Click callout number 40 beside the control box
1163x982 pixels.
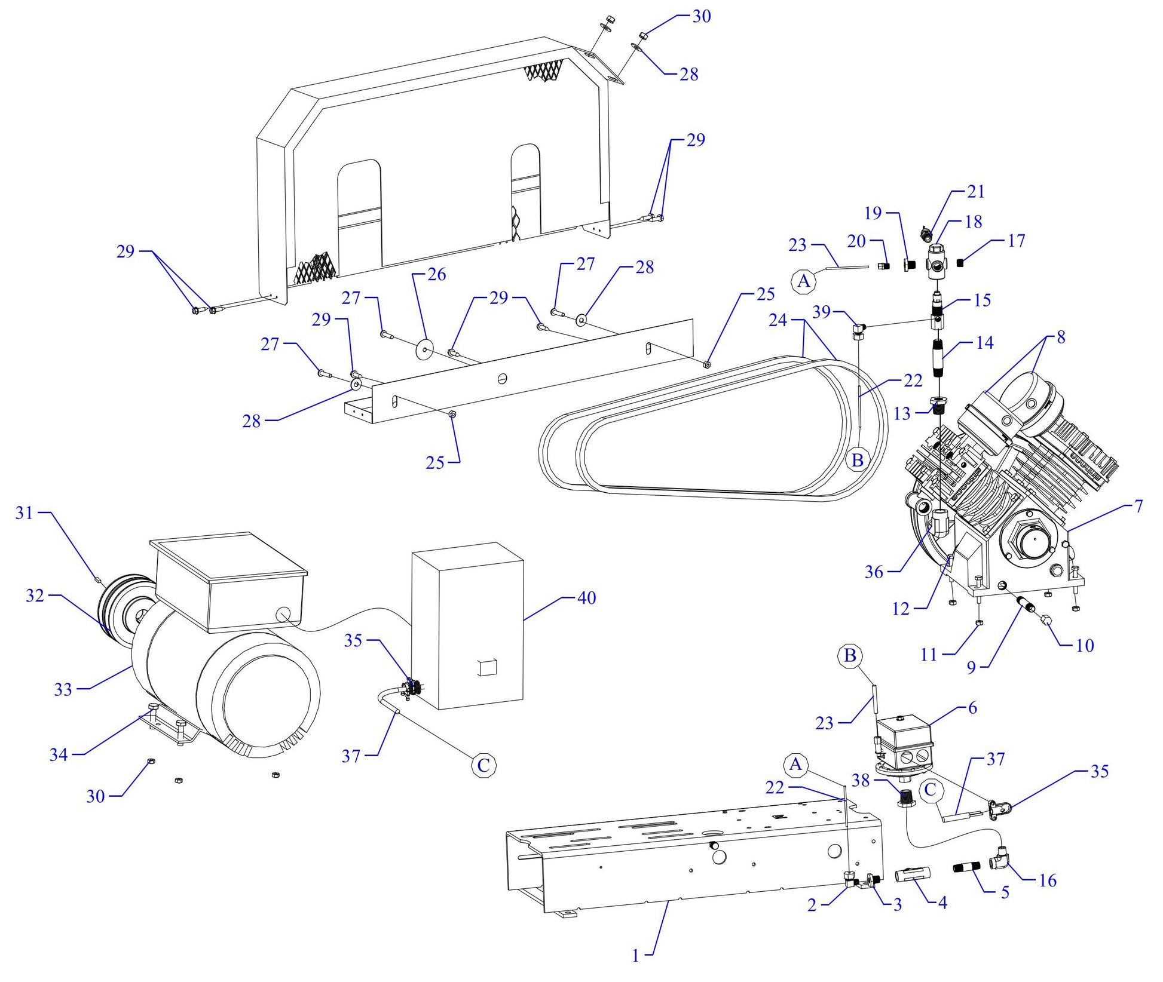pyautogui.click(x=586, y=598)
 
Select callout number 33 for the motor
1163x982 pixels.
pyautogui.click(x=63, y=690)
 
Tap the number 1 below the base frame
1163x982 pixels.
pyautogui.click(x=635, y=956)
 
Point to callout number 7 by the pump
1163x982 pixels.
pyautogui.click(x=1138, y=507)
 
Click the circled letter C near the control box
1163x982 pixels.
pyautogui.click(x=483, y=765)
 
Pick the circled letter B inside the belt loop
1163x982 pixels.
pyautogui.click(x=857, y=460)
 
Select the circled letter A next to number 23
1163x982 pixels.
pyautogui.click(x=804, y=280)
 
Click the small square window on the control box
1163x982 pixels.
pyautogui.click(x=488, y=667)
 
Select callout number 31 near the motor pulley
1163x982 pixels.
pyautogui.click(x=24, y=513)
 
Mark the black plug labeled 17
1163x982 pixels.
pyautogui.click(x=962, y=263)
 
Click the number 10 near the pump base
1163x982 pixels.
pyautogui.click(x=1084, y=646)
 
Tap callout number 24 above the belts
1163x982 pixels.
pyautogui.click(x=778, y=321)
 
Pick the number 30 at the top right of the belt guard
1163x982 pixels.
pyautogui.click(x=702, y=17)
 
